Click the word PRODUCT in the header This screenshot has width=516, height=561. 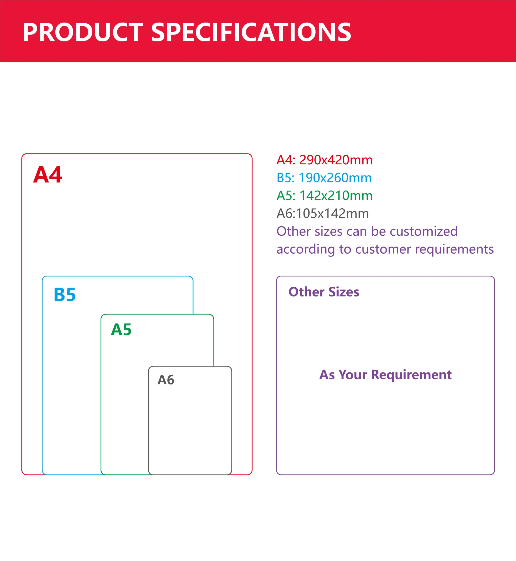coord(83,32)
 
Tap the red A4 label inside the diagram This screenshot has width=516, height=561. coord(48,175)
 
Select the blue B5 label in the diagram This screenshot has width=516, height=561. coord(65,294)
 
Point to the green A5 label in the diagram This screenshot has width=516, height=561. coord(121,330)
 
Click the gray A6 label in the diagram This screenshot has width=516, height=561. coord(166,380)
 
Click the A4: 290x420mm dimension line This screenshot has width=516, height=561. coord(325,160)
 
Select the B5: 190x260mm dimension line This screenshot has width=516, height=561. coord(324,178)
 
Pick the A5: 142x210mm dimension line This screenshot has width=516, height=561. coord(325,196)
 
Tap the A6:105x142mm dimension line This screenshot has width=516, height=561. coord(323,213)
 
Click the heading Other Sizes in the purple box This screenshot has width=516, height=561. coord(324,292)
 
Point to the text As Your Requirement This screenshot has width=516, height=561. coord(386,375)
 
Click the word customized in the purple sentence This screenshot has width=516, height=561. coord(424,231)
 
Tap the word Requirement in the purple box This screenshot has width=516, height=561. coord(411,375)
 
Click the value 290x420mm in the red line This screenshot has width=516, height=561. coord(336,160)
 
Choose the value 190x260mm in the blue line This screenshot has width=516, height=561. coord(335,178)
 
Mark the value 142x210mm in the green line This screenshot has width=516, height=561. coord(336,196)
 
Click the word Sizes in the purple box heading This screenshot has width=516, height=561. coord(344,292)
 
